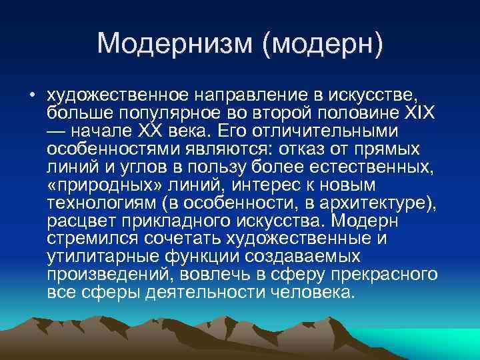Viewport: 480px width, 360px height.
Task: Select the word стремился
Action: (85, 237)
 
